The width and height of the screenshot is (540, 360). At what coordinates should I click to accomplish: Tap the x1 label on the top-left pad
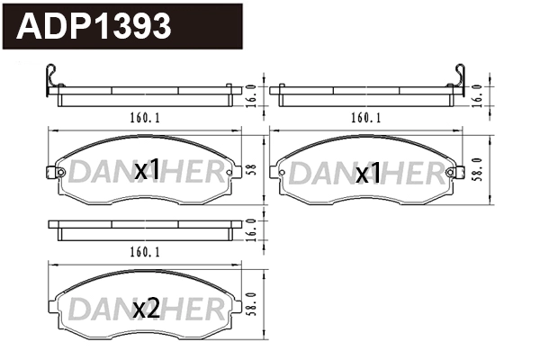[147, 169]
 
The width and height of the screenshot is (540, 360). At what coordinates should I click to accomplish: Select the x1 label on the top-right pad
[368, 174]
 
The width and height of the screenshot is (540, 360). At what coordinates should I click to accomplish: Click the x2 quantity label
[146, 310]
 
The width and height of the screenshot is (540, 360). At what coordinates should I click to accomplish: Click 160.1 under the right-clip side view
[365, 117]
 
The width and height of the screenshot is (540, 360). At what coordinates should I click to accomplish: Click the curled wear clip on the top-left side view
[52, 81]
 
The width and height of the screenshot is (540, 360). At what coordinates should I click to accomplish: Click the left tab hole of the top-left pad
[60, 173]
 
